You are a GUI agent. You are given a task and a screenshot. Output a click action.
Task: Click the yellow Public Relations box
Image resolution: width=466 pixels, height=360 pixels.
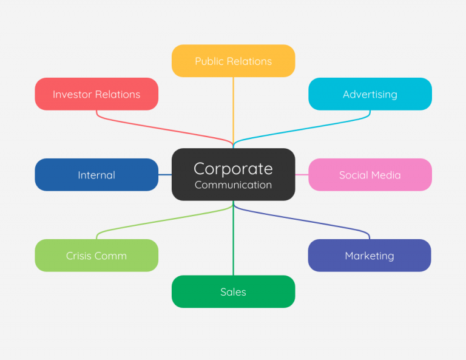pyautogui.click(x=233, y=61)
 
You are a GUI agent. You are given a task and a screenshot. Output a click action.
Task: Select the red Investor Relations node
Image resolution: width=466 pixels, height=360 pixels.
pyautogui.click(x=96, y=94)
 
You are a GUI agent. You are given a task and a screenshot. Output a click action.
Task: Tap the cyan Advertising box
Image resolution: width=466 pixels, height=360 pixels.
pyautogui.click(x=370, y=94)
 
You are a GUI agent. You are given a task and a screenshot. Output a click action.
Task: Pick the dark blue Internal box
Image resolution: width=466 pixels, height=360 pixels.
pyautogui.click(x=96, y=175)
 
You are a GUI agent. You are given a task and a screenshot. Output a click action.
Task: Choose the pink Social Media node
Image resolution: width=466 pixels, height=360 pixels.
pyautogui.click(x=370, y=175)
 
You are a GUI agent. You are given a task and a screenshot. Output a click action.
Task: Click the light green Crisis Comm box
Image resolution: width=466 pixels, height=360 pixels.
pyautogui.click(x=96, y=256)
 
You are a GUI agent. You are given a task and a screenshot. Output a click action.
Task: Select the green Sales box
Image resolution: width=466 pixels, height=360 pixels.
pyautogui.click(x=233, y=292)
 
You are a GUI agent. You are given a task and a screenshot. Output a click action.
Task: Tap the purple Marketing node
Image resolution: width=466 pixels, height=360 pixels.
pyautogui.click(x=369, y=256)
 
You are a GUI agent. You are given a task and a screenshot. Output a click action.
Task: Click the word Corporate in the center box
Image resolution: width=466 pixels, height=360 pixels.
pyautogui.click(x=233, y=168)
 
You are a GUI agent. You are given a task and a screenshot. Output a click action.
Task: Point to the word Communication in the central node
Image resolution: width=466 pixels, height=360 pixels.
pyautogui.click(x=233, y=185)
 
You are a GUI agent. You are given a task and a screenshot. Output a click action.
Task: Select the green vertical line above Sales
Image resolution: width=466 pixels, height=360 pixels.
pyautogui.click(x=233, y=243)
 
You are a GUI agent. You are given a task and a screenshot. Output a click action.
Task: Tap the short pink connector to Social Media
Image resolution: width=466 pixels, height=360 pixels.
pyautogui.click(x=302, y=175)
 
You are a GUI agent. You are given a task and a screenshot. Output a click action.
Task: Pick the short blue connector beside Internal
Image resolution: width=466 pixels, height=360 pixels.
pyautogui.click(x=164, y=175)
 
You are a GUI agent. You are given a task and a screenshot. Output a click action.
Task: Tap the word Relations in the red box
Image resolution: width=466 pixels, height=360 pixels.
pyautogui.click(x=119, y=94)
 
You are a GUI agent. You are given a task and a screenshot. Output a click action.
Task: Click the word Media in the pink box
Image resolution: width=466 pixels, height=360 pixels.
pyautogui.click(x=386, y=175)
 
